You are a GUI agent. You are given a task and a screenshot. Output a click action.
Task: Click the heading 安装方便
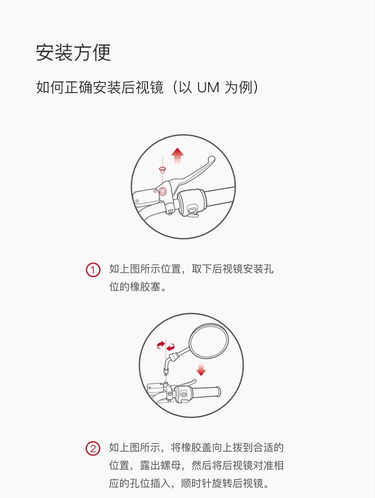tap(73, 52)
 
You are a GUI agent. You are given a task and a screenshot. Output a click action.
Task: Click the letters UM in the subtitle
tap(208, 88)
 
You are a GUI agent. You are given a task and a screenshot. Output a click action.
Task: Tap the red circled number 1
tap(93, 270)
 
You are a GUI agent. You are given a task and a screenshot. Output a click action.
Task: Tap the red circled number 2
tap(93, 448)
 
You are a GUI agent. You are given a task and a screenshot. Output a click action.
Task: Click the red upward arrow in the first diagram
tap(177, 156)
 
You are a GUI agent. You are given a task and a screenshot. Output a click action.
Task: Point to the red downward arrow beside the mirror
tap(201, 370)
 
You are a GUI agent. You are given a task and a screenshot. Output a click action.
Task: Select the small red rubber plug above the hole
tap(162, 170)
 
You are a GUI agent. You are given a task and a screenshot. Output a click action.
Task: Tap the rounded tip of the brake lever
tap(212, 160)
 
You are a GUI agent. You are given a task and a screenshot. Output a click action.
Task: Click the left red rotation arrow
tap(160, 344)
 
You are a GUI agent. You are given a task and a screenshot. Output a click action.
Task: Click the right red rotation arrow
tap(171, 346)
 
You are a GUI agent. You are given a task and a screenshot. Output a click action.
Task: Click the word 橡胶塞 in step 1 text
tap(143, 287)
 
